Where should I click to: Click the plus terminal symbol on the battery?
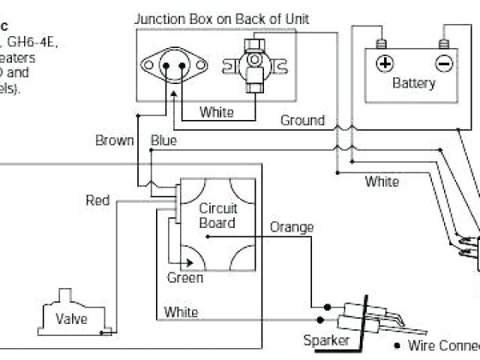pos(385,63)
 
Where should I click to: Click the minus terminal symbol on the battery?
pos(444,63)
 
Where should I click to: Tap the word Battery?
pos(413,83)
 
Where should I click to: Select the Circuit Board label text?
pos(217,215)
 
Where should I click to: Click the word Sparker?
pos(327,340)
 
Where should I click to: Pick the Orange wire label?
pos(292,227)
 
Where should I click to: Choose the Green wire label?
pos(184,277)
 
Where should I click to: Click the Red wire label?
pos(97,200)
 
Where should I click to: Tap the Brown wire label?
pos(115,140)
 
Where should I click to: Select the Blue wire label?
pos(163,140)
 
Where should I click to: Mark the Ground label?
pos(302,120)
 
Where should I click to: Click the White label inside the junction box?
pos(216,112)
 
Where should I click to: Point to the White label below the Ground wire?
pos(382,181)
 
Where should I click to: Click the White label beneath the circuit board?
pos(181,312)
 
